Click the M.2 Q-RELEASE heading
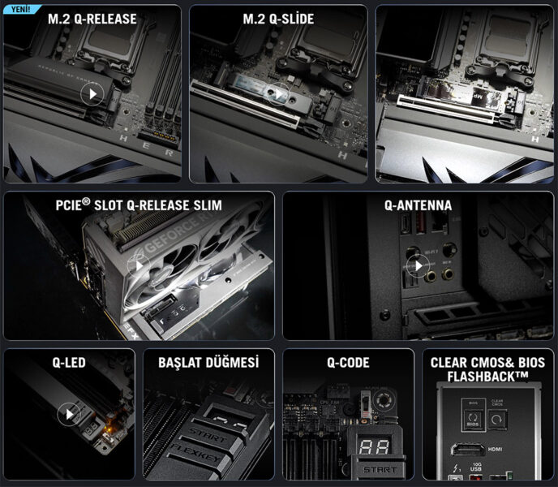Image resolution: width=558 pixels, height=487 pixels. point(92,19)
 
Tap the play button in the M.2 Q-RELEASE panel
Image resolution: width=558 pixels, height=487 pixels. point(92,93)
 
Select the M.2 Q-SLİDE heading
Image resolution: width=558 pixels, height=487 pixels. point(278,19)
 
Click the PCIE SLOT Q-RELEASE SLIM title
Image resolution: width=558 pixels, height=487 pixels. point(139,205)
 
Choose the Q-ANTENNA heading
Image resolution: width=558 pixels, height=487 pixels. point(418,205)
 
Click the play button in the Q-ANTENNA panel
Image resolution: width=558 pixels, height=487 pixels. point(417,265)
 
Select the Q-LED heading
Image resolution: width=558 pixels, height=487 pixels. point(69,363)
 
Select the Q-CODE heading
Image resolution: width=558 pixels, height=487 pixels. point(348,363)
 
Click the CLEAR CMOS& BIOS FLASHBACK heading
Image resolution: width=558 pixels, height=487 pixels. point(487,369)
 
